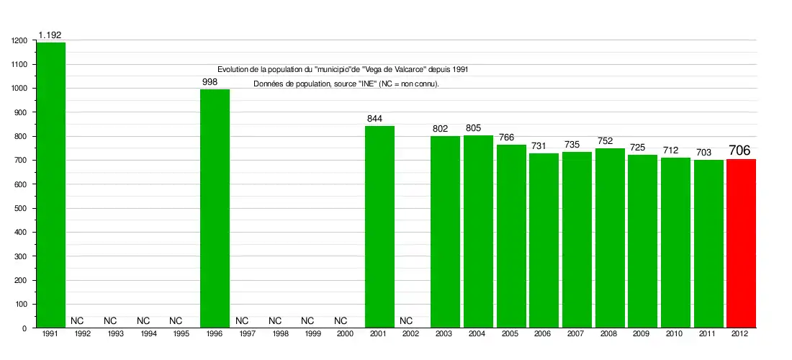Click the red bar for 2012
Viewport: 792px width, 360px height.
[741, 243]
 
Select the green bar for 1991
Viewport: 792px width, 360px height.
[51, 185]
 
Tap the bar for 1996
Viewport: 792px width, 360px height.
[215, 209]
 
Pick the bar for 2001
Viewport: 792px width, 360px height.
[379, 227]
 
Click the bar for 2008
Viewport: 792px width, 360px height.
[610, 238]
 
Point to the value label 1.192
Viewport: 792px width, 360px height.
[50, 35]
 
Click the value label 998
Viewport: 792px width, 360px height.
[210, 82]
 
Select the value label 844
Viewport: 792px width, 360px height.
[374, 119]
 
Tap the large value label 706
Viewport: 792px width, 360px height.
[739, 150]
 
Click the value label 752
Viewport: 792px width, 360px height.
[605, 141]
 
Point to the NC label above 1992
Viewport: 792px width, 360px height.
[77, 320]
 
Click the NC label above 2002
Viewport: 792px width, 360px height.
[406, 320]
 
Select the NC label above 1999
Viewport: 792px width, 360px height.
[307, 320]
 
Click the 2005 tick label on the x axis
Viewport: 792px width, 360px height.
[509, 335]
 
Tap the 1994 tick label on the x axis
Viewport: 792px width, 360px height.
[148, 335]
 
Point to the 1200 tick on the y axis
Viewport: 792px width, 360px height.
[19, 41]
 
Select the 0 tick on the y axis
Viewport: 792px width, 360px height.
[24, 328]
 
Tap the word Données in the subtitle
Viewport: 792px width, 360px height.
[268, 84]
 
